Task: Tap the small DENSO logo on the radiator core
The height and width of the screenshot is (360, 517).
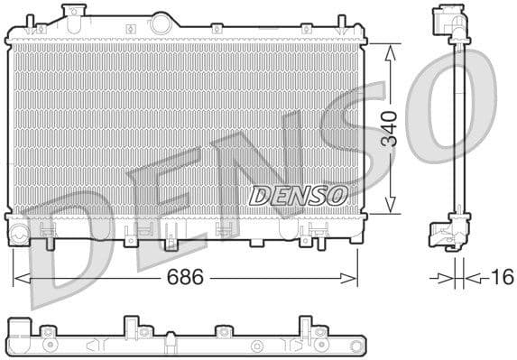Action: [x=298, y=195]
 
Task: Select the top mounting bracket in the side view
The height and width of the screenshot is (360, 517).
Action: [x=448, y=23]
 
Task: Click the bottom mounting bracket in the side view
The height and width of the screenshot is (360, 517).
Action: [x=448, y=233]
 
